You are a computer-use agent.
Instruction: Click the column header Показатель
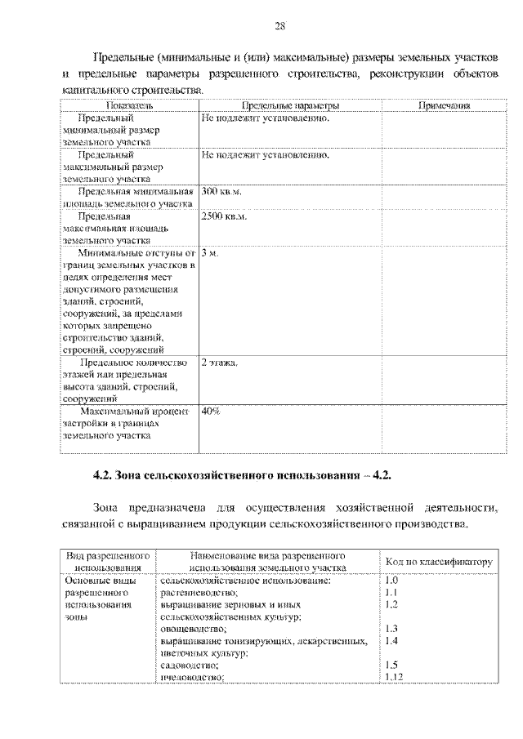point(129,106)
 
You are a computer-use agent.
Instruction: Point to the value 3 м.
point(210,254)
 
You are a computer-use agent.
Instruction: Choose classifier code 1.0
point(391,581)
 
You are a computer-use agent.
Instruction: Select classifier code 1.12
point(393,677)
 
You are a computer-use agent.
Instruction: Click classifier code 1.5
point(391,665)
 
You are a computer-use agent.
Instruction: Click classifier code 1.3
point(391,630)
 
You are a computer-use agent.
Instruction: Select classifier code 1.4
point(391,642)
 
